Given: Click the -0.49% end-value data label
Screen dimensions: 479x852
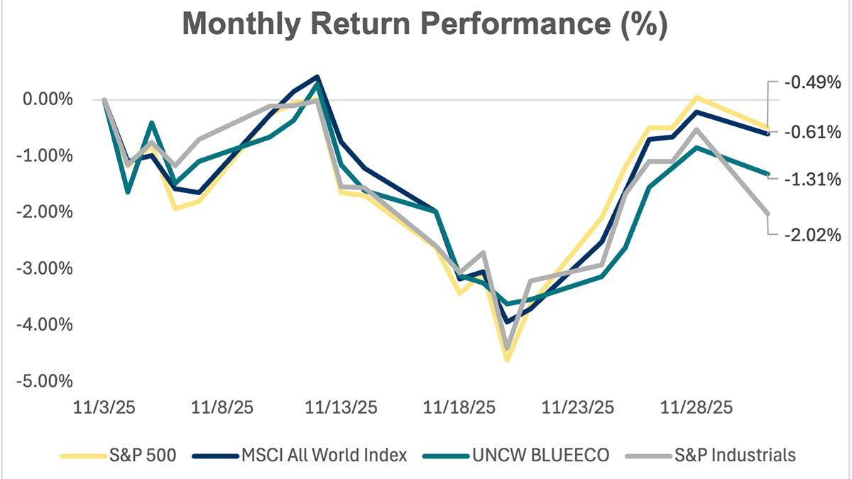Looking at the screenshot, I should pos(812,82).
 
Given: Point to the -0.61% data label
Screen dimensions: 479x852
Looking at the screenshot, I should pos(812,132).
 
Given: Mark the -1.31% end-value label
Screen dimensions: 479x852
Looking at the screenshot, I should pos(812,180).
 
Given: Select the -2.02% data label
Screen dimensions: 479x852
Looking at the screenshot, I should pos(812,235).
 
